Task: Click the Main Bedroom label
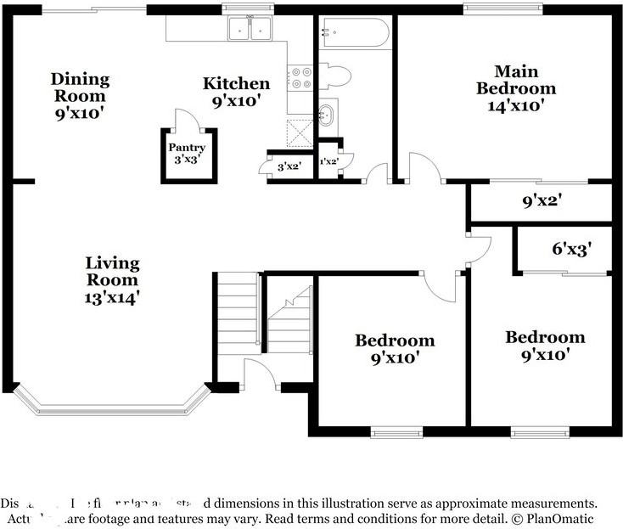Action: pyautogui.click(x=515, y=88)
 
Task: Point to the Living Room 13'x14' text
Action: pyautogui.click(x=112, y=279)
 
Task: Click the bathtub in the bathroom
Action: pyautogui.click(x=354, y=35)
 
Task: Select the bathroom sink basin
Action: pyautogui.click(x=326, y=114)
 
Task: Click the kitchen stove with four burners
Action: pyautogui.click(x=301, y=79)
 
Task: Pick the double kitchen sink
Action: pyautogui.click(x=250, y=31)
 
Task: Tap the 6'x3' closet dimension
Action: pyautogui.click(x=570, y=250)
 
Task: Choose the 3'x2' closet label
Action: pyautogui.click(x=289, y=167)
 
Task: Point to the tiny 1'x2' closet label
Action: pyautogui.click(x=328, y=161)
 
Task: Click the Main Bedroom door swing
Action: pyautogui.click(x=425, y=167)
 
